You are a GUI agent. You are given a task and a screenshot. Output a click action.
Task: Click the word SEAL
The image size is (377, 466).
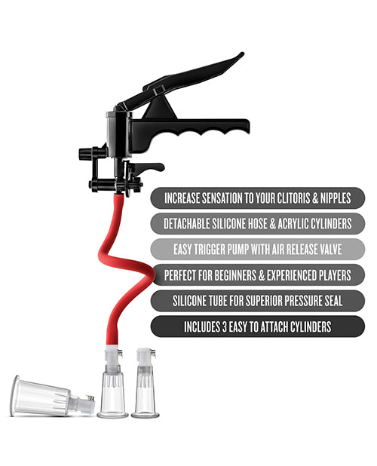[331, 301]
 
